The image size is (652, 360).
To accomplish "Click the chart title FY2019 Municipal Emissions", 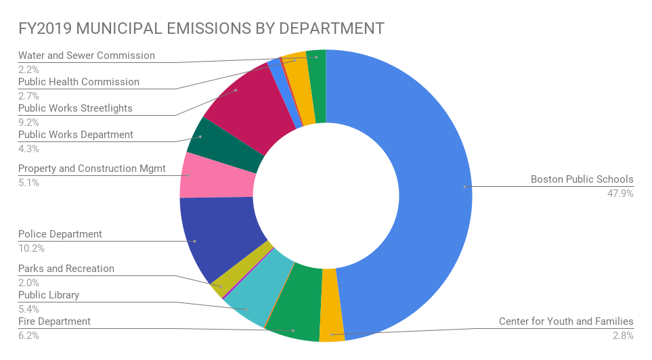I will tap(201, 28).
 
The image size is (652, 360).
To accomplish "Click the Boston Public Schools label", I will tap(582, 179).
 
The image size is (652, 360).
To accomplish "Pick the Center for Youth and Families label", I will tap(566, 321).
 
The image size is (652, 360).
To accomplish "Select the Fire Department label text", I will tap(54, 321).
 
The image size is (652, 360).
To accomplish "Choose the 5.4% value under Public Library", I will tap(28, 309).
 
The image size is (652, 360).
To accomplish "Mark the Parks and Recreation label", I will tap(66, 269).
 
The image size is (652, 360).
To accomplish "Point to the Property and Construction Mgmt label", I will tap(91, 168).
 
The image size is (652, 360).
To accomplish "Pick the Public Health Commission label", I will tap(79, 82).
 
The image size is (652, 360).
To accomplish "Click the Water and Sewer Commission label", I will tap(86, 55).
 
